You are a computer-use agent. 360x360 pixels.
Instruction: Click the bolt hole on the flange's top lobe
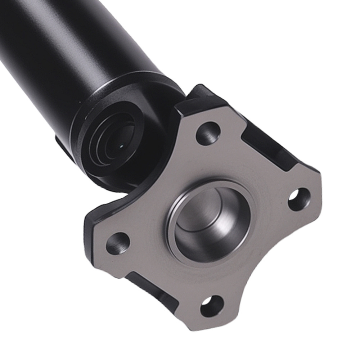click(208, 134)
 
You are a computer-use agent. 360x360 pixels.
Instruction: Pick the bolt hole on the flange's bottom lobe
click(212, 306)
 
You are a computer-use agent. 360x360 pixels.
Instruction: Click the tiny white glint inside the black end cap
click(121, 146)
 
